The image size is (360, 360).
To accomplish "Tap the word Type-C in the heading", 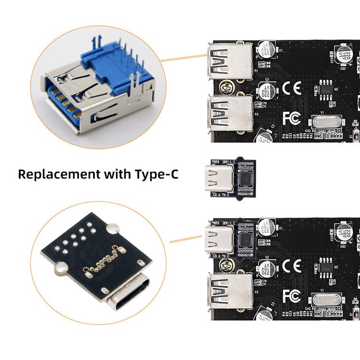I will point(155,173).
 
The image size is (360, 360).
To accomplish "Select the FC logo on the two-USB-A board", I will point(291,118).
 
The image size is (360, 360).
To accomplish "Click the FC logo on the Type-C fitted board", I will point(291,295).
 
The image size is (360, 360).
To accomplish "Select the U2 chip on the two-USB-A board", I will point(326,89).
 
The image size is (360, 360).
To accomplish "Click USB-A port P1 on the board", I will point(229,61).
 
